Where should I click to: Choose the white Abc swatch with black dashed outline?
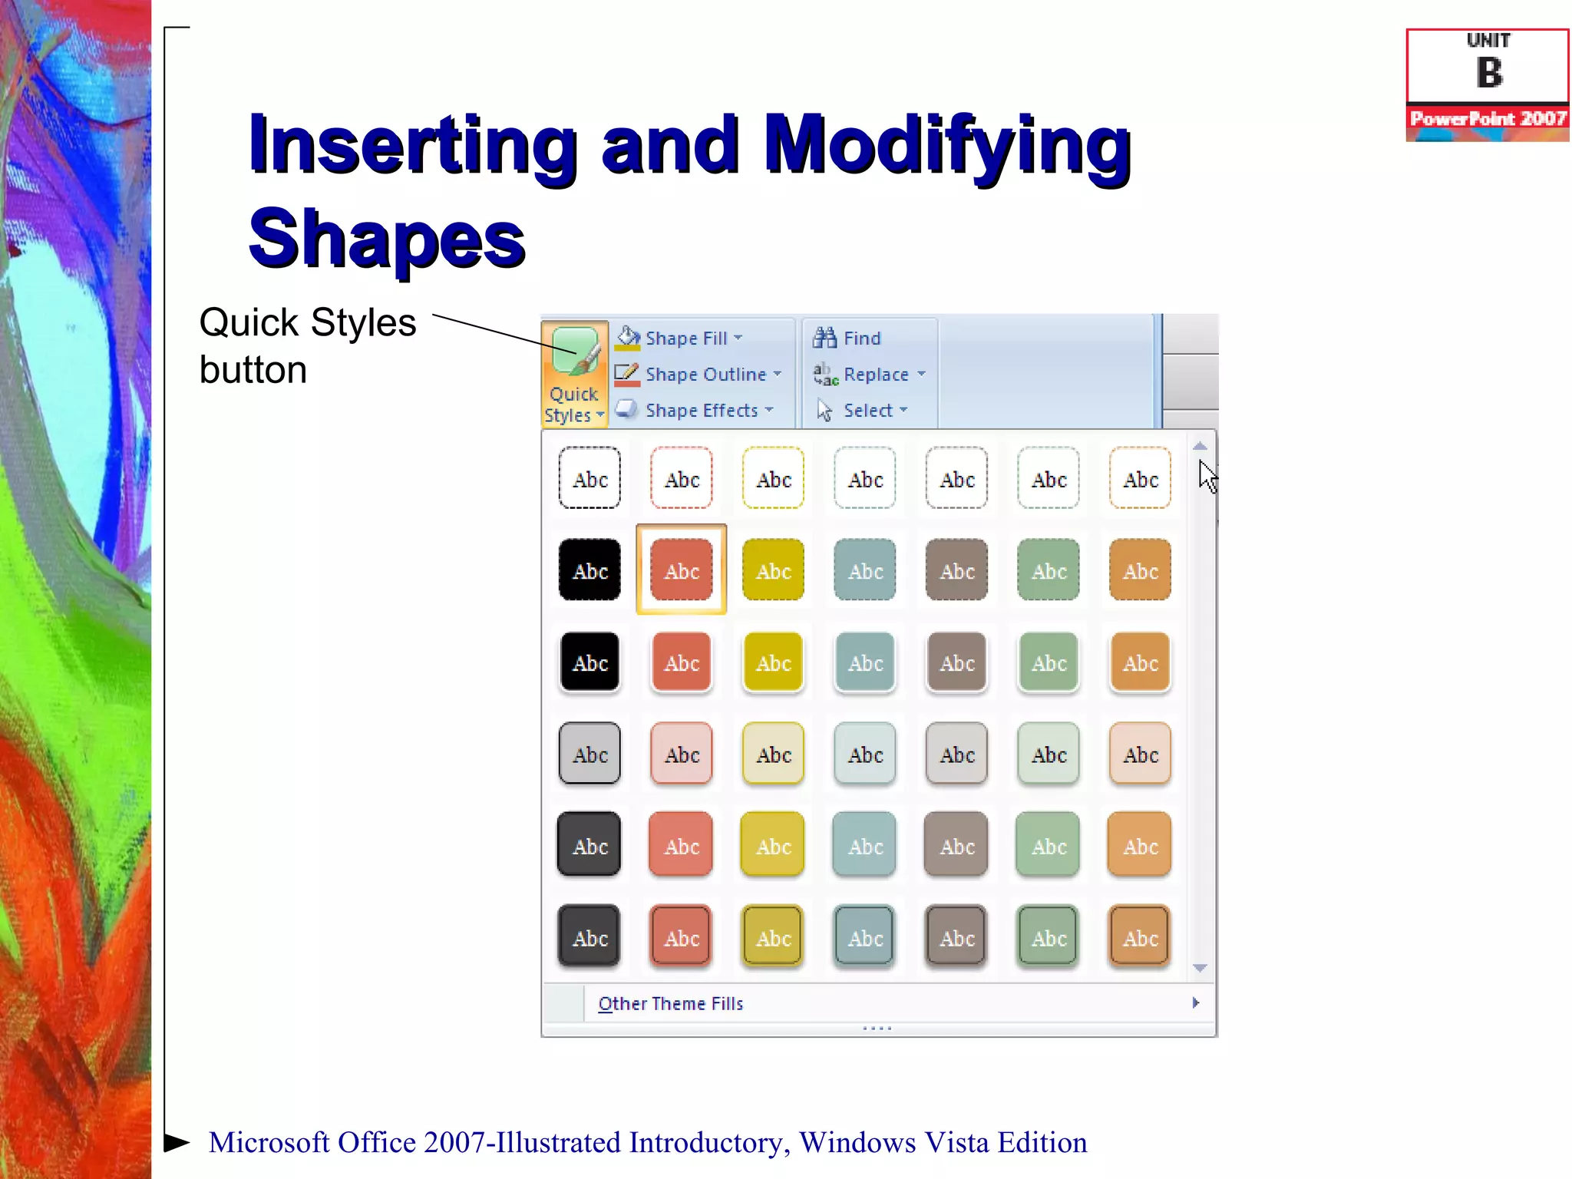(x=589, y=478)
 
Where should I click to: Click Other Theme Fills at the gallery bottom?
(x=670, y=1004)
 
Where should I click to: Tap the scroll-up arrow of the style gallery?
(x=1200, y=446)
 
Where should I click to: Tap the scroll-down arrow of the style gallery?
(x=1200, y=969)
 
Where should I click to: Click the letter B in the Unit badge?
(x=1489, y=74)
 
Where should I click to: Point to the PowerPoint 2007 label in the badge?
(x=1488, y=119)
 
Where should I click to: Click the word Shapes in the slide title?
(x=387, y=239)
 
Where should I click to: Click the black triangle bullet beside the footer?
(x=177, y=1142)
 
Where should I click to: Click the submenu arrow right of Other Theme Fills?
(x=1195, y=1003)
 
